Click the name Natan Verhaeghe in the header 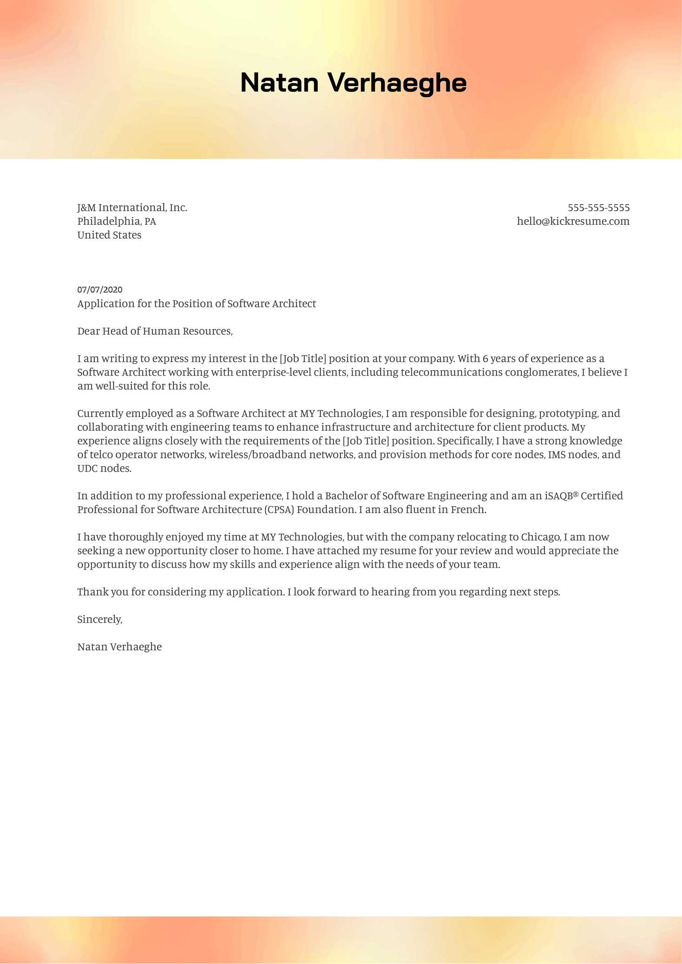coord(353,83)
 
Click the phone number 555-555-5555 coord(598,208)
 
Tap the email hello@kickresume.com coord(573,221)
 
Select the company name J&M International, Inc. coord(132,208)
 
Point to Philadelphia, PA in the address coord(117,221)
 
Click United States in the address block coord(109,235)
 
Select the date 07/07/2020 coord(100,290)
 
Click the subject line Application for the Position coord(197,304)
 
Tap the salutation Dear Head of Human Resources coord(155,331)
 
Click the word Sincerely coord(99,619)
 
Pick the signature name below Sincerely coord(119,646)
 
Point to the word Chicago coord(541,537)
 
